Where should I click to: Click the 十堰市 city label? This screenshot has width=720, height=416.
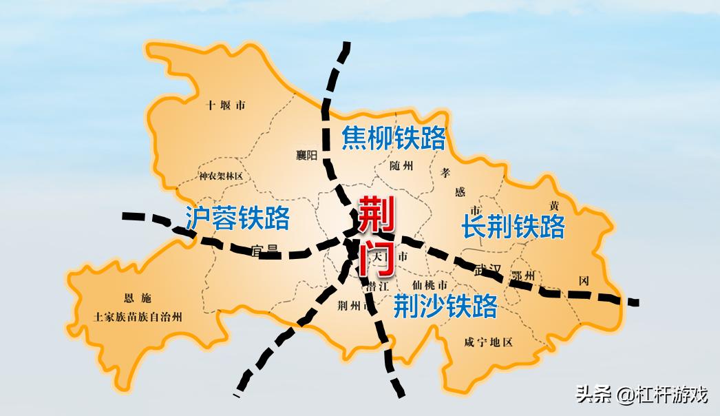coord(226,105)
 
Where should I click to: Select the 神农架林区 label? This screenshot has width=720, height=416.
coord(221,176)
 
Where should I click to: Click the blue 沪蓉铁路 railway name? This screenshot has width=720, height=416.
coord(237,218)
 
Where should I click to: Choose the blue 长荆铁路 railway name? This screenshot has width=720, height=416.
coord(513,226)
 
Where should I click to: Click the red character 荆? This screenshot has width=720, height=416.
coord(376,216)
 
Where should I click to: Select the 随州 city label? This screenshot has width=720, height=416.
coord(401,166)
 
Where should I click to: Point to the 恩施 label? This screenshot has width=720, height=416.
coord(137,298)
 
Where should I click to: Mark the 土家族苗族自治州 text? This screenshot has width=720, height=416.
coord(138,318)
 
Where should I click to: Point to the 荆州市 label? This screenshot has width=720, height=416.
coord(354,305)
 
